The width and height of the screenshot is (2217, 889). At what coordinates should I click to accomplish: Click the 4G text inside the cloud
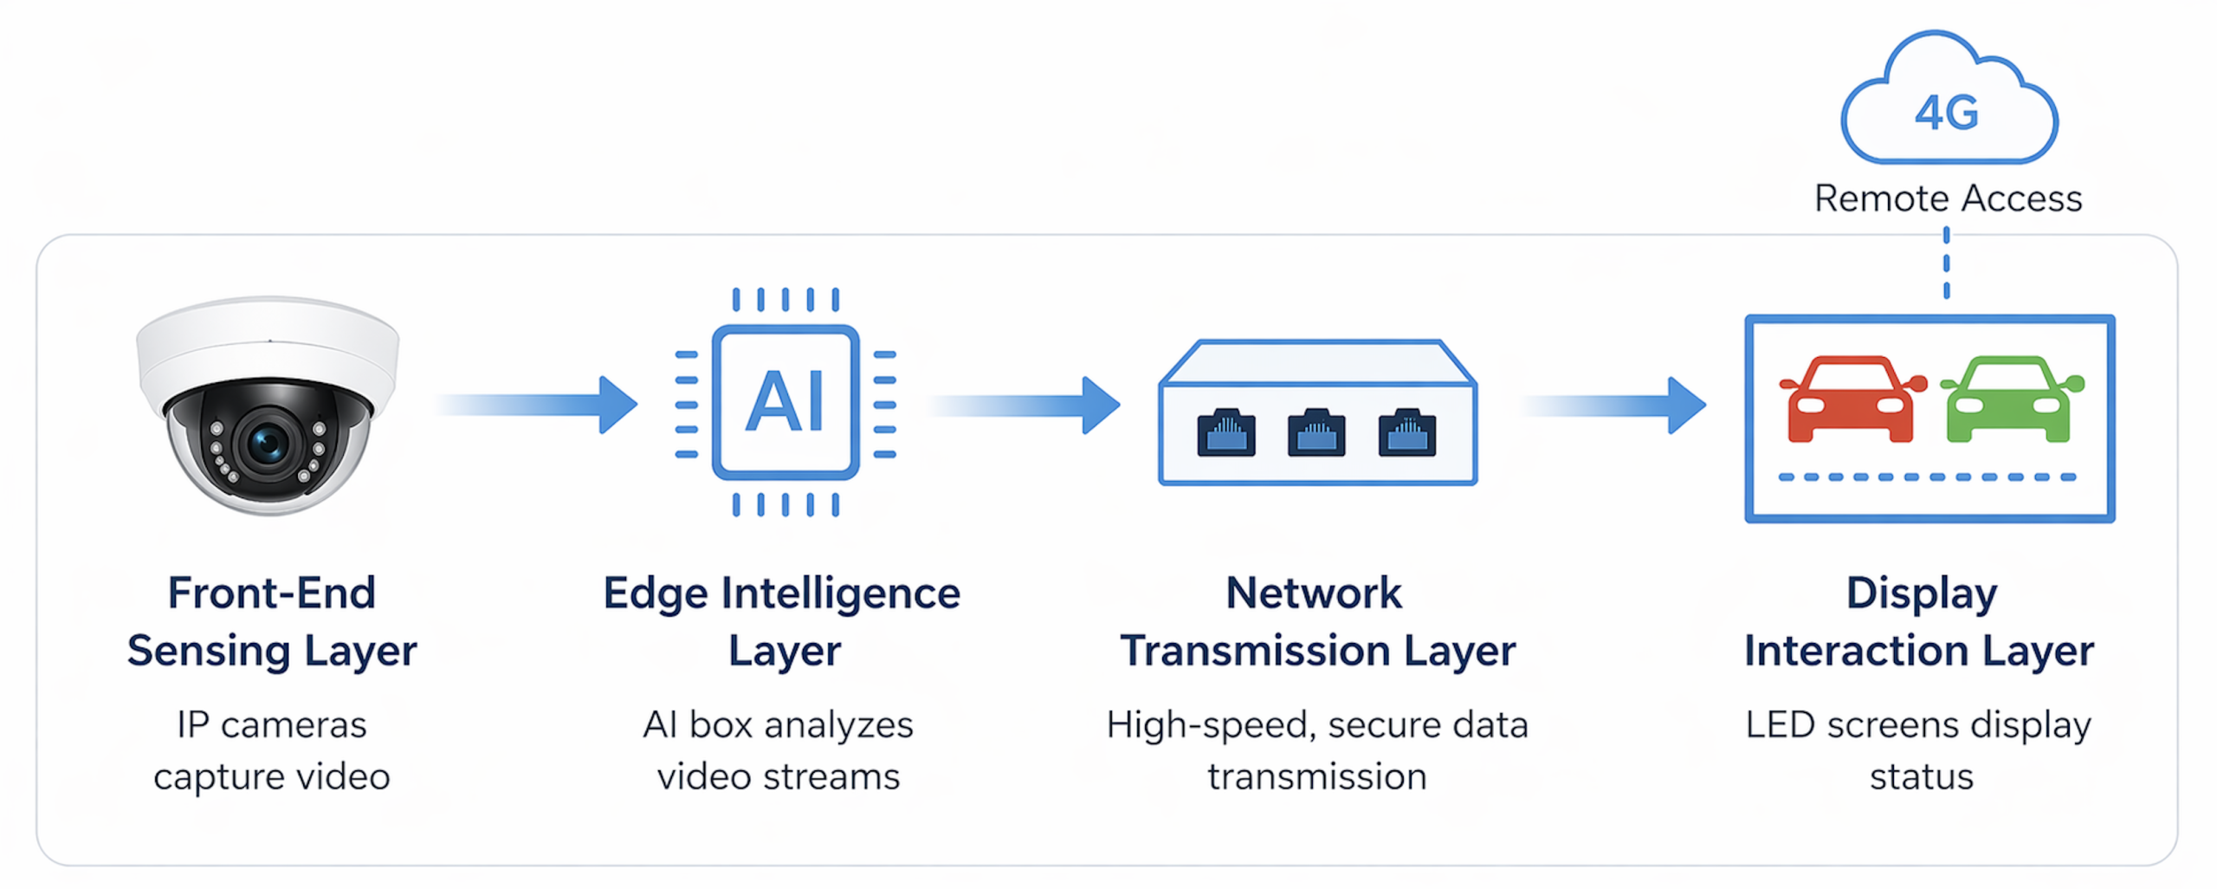pos(1947,114)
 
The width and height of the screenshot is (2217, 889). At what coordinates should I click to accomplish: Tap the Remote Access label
pos(1948,198)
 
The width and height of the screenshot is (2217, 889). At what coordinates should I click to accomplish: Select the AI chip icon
pos(785,402)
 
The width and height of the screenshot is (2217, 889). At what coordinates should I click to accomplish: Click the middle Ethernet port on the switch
pos(1316,432)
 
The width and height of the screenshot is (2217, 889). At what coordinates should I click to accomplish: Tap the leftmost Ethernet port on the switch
pos(1225,432)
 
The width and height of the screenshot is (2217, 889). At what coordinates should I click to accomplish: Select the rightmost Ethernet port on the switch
pos(1406,432)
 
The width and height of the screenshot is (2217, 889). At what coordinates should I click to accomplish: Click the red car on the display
pos(1852,399)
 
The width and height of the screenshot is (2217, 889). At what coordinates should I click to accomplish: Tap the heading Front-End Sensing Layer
pos(272,621)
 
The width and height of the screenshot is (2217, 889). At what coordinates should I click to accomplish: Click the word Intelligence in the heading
pos(840,594)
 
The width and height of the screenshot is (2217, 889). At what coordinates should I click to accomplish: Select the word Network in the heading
pos(1314,594)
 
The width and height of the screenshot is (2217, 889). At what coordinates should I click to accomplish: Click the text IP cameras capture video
pos(272,750)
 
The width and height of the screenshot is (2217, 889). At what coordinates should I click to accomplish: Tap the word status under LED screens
pos(1921,776)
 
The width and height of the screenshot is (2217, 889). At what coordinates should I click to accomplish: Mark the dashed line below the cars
pos(1927,477)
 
